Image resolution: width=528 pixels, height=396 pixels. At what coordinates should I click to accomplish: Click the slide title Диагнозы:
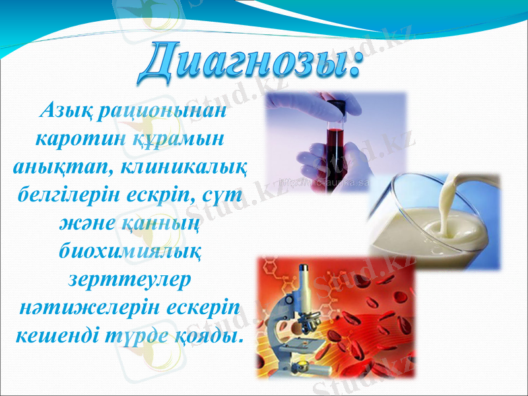(251, 63)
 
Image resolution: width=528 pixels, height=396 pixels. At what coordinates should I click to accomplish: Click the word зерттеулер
(130, 279)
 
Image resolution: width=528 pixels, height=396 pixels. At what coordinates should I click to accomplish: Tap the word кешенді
(56, 336)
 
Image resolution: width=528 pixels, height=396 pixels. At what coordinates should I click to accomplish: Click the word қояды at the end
(207, 336)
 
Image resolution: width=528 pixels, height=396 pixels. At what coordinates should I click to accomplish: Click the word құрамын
(182, 139)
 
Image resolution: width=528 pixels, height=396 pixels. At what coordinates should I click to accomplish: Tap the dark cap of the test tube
(337, 106)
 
